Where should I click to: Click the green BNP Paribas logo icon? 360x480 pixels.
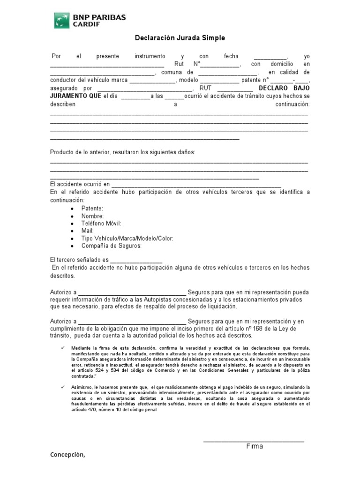tap(61, 21)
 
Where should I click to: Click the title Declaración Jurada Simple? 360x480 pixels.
tap(180, 38)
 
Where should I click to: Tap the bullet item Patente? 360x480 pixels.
tap(92, 208)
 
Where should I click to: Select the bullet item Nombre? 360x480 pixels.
tap(92, 216)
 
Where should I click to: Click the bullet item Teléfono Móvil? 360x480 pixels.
tap(101, 223)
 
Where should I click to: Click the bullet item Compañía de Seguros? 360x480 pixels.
tap(111, 246)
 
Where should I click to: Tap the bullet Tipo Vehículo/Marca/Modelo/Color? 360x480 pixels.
tap(127, 238)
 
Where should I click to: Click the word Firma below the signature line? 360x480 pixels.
tap(255, 446)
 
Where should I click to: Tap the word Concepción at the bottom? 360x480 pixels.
tap(67, 455)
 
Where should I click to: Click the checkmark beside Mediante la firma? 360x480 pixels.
tap(63, 347)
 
